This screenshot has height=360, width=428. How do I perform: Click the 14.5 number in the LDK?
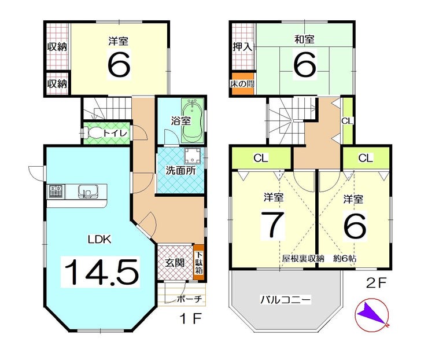101,272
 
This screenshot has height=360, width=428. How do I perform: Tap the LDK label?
99,240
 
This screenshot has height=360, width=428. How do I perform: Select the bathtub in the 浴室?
193,120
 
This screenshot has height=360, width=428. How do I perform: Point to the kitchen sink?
88,191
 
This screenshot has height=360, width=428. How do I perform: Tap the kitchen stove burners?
57,191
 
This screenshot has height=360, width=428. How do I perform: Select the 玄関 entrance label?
175,263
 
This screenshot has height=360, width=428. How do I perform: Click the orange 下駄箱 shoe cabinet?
199,262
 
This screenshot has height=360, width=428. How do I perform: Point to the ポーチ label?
190,299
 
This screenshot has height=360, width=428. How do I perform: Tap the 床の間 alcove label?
242,83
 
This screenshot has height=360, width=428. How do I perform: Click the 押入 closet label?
242,47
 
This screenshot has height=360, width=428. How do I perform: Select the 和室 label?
304,39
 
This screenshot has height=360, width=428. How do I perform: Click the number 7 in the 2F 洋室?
273,225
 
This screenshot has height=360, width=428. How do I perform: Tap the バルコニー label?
285,300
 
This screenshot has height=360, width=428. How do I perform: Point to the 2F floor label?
376,283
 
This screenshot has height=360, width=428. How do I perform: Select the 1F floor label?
190,318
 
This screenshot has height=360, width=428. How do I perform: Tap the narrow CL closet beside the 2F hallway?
348,120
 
